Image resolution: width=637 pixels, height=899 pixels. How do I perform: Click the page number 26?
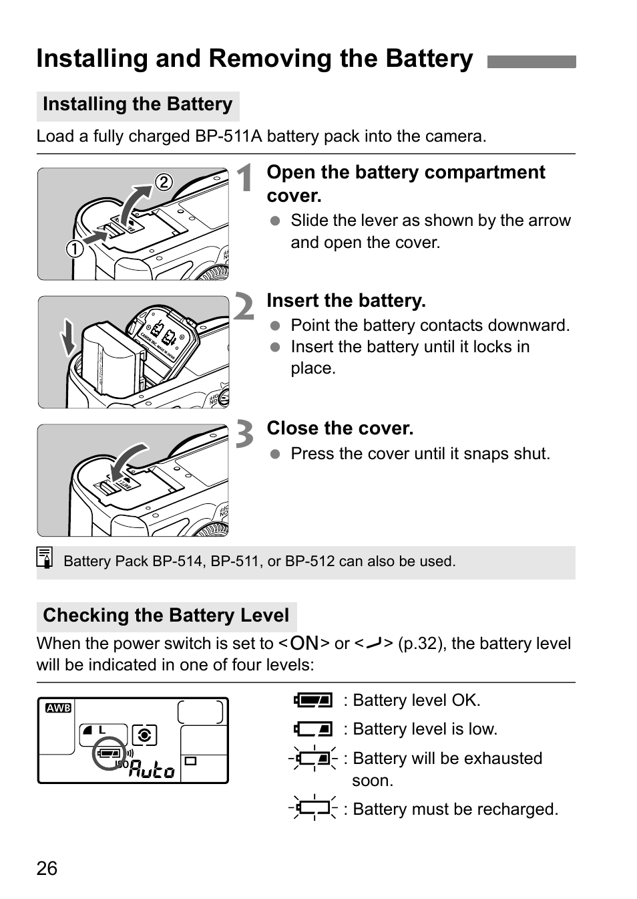47,868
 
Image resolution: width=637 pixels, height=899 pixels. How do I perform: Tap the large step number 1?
246,179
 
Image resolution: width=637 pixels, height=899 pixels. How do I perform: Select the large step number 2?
245,307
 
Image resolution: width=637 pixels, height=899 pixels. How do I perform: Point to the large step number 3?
245,434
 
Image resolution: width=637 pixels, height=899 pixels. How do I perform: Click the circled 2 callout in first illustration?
164,182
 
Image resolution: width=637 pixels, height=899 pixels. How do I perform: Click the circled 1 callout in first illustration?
75,249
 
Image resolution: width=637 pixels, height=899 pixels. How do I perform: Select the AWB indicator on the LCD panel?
58,708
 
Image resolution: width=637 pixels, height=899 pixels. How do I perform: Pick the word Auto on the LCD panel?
152,770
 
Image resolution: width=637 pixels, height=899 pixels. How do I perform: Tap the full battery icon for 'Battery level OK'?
313,700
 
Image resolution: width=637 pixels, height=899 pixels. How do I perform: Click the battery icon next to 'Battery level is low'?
313,729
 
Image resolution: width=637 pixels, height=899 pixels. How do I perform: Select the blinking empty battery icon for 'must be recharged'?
313,808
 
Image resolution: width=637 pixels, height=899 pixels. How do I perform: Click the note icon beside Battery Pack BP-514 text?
45,558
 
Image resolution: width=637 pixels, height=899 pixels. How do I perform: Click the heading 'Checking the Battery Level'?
166,616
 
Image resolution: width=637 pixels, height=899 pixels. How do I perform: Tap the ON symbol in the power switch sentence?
304,643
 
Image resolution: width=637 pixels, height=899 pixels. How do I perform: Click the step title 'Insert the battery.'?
346,301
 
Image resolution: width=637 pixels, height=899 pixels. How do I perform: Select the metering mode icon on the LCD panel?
144,735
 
